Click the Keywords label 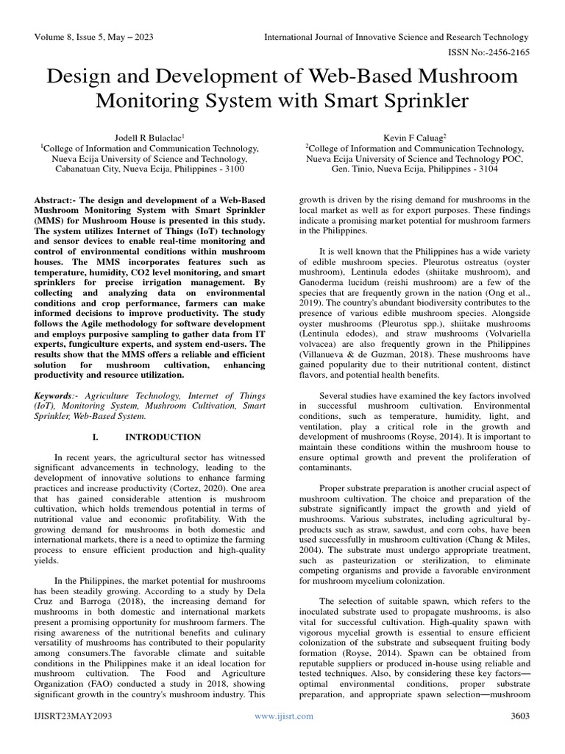pos(58,395)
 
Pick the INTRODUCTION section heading pos(163,437)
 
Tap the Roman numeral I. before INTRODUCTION pos(95,437)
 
